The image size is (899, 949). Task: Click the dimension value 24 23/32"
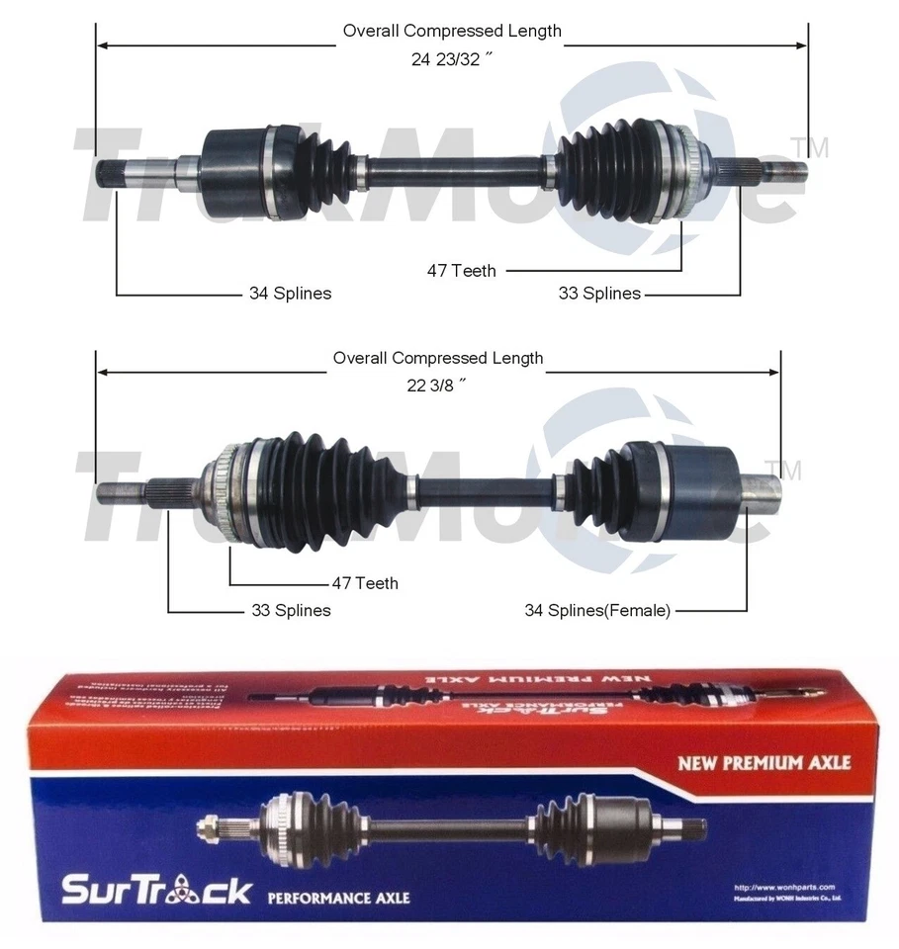coord(452,58)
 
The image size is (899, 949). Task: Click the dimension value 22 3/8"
coord(437,386)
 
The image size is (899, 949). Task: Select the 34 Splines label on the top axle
coord(290,294)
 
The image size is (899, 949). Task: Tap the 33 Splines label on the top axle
coord(599,294)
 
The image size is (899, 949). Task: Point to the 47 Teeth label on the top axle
coord(461,270)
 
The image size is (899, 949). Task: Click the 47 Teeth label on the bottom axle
coord(364,583)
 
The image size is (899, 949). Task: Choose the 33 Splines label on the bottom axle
coord(290,611)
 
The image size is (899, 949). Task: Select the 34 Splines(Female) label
coord(597,611)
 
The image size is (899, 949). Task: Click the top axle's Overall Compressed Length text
coord(452,31)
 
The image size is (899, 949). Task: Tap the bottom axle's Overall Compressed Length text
coord(437,358)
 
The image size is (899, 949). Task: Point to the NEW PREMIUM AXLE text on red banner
coord(763,763)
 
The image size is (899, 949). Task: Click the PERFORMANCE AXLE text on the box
coord(338,898)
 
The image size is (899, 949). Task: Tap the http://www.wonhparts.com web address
coord(785,887)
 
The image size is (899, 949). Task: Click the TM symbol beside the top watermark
coord(817,148)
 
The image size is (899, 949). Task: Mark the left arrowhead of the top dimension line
coord(102,44)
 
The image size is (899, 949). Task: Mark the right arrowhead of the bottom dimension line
coord(774,373)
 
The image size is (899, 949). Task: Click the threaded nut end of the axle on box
coord(210,822)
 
